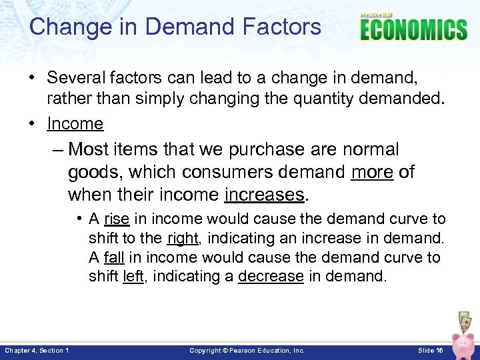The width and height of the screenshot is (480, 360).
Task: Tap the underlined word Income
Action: point(75,123)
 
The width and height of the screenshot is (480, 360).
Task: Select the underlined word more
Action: point(372,172)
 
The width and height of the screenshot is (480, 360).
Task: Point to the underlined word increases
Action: point(265,195)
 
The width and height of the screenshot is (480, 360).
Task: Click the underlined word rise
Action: point(116,219)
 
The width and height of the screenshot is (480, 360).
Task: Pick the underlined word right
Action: point(183,238)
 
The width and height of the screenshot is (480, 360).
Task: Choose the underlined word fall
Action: point(114,257)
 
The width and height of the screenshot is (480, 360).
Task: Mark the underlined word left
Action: point(133,276)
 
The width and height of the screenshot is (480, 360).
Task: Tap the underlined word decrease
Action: point(271,276)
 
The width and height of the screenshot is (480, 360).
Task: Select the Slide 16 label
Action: point(431,351)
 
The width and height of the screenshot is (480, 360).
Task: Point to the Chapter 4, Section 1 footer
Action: point(37,351)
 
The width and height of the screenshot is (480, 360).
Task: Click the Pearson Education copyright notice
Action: point(247,351)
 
